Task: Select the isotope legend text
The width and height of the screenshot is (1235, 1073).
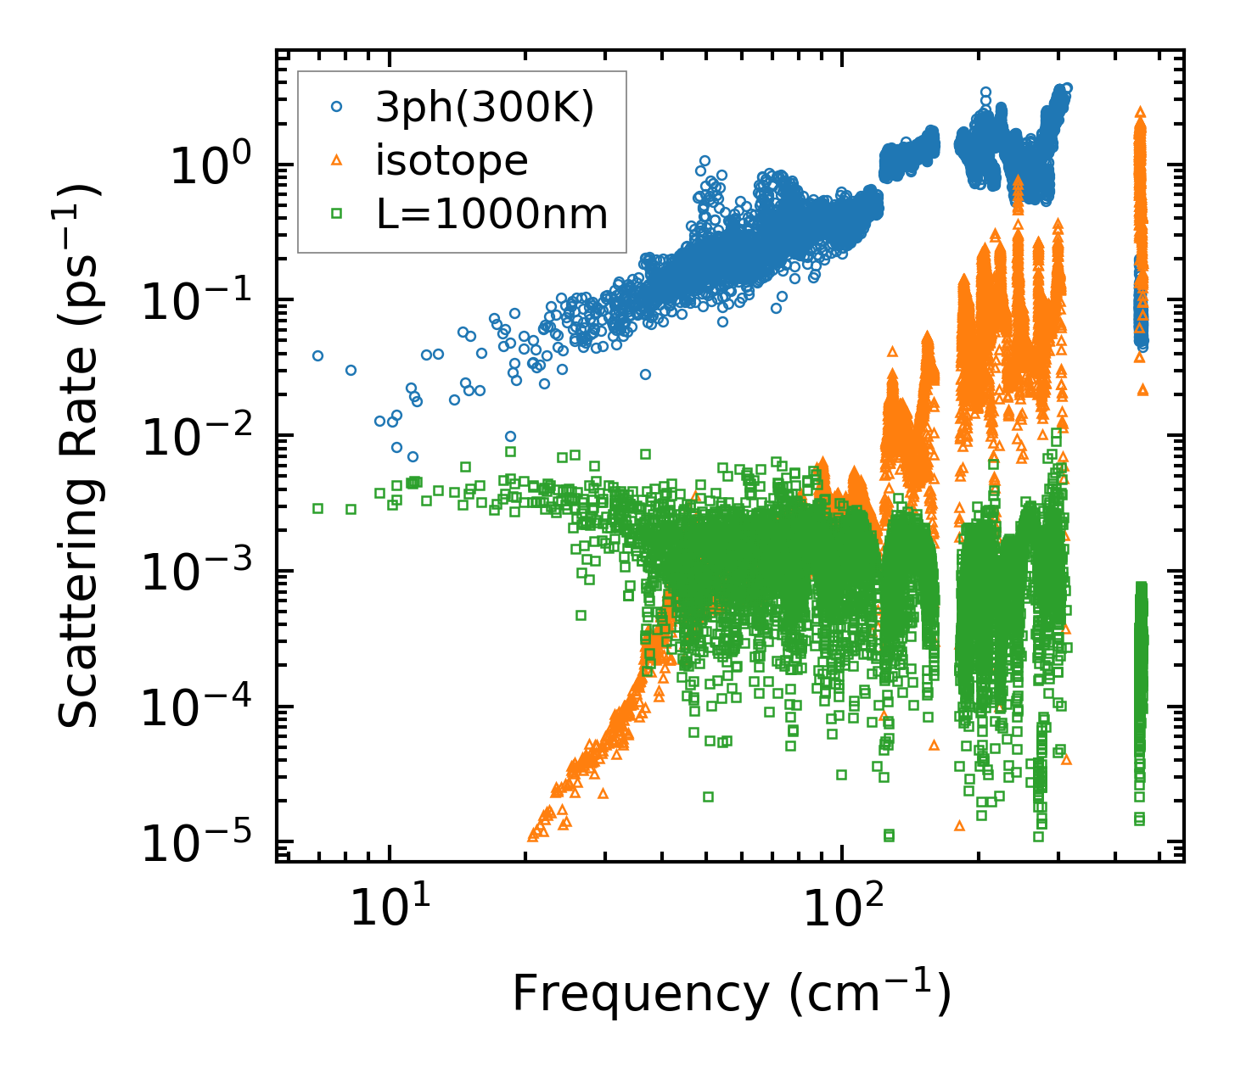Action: click(452, 161)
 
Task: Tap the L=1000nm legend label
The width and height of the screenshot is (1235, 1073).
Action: click(492, 215)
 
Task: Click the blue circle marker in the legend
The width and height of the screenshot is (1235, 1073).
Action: click(337, 108)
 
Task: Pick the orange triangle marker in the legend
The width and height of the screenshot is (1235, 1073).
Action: click(337, 160)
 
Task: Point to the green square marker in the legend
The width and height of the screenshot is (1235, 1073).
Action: click(337, 215)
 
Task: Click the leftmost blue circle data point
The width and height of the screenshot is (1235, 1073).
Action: click(317, 355)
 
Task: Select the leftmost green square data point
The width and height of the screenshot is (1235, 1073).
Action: click(317, 508)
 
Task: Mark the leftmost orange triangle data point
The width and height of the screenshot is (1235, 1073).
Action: click(532, 836)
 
